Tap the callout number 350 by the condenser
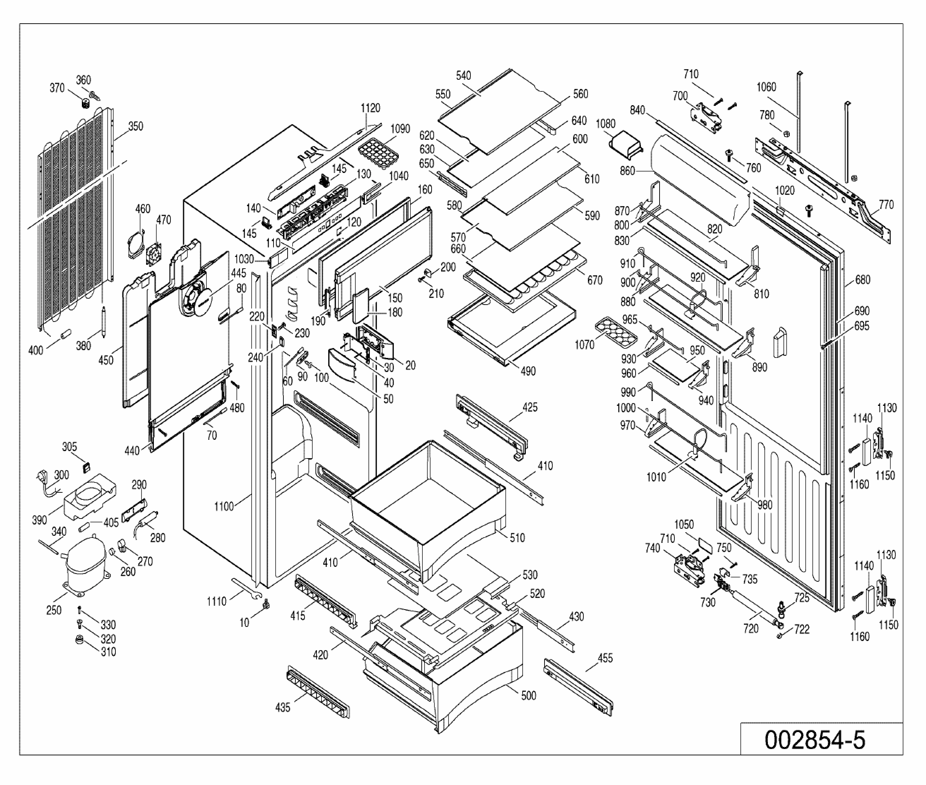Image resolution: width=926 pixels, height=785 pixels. (x=136, y=126)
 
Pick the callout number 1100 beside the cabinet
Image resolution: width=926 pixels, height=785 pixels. (x=224, y=507)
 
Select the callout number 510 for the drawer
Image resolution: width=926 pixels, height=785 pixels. (x=517, y=538)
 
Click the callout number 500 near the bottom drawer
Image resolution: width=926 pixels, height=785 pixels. (x=528, y=696)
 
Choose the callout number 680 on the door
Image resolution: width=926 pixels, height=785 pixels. (x=862, y=280)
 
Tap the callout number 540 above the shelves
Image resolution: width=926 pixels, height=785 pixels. (x=463, y=76)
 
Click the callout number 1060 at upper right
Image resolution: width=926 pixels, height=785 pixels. (x=766, y=87)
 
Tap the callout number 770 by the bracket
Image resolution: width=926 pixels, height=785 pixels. (x=886, y=205)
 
